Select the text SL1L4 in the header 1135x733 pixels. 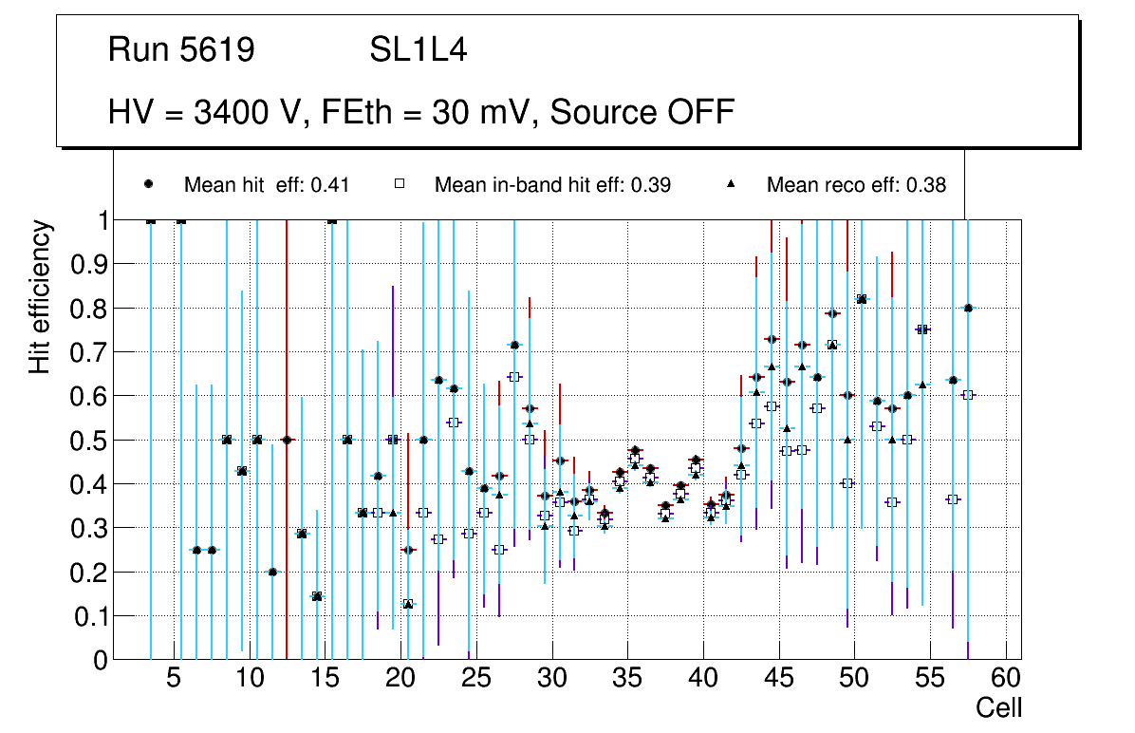coord(418,50)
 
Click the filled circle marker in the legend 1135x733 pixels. coord(149,184)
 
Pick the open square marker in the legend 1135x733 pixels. coord(400,184)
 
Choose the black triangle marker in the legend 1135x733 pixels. coord(732,184)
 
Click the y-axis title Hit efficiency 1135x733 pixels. coord(40,296)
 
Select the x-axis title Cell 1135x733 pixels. coord(999,707)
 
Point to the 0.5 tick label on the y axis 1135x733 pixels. coord(89,441)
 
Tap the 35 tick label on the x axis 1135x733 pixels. coord(627,679)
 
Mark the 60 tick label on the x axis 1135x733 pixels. coord(1006,679)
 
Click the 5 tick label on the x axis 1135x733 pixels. coord(174,679)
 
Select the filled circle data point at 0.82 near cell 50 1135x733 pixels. coord(862,299)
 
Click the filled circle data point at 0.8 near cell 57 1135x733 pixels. coord(968,308)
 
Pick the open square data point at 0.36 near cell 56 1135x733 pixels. coord(953,499)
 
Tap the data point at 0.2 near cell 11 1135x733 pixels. coord(272,572)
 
